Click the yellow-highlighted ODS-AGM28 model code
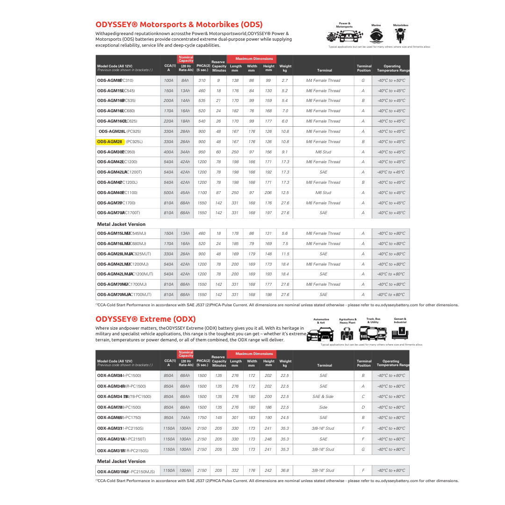(x=109, y=142)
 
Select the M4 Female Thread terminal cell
(x=323, y=80)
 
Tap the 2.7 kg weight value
(x=285, y=80)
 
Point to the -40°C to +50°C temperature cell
(x=391, y=80)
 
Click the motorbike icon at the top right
(x=400, y=36)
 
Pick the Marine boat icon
(x=376, y=36)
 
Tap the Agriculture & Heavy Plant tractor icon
(x=347, y=333)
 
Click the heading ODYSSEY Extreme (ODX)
(x=145, y=319)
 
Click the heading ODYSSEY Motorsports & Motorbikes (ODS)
(x=179, y=24)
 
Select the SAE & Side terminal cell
(x=323, y=397)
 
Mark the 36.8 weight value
(x=285, y=470)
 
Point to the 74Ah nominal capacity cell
(x=185, y=418)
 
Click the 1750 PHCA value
(x=202, y=418)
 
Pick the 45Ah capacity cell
(x=185, y=193)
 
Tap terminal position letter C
(x=363, y=397)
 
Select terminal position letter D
(x=363, y=407)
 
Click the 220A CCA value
(x=168, y=121)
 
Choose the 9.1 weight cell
(x=285, y=152)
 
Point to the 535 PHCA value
(x=202, y=101)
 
